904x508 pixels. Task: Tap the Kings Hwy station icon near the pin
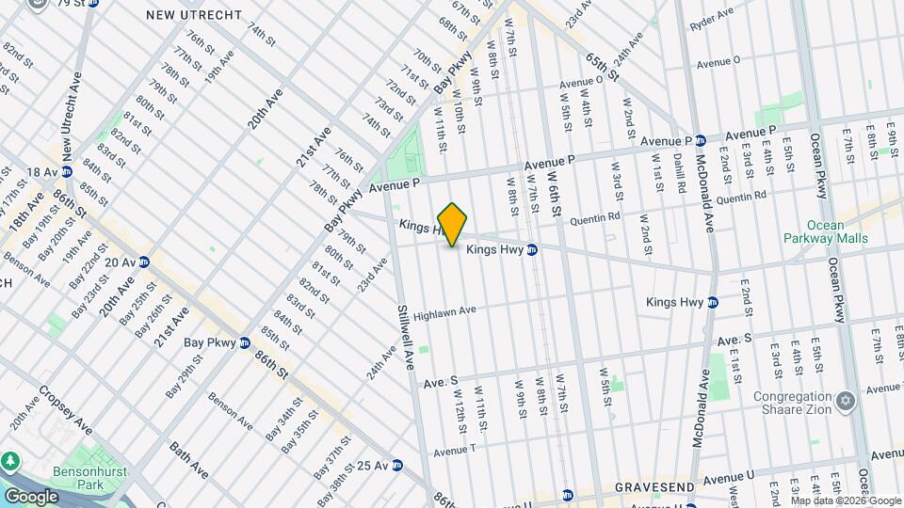pyautogui.click(x=532, y=250)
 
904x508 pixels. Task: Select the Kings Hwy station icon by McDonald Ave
pyautogui.click(x=713, y=302)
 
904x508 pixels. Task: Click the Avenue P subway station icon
pyautogui.click(x=700, y=140)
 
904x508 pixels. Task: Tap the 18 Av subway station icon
pyautogui.click(x=67, y=172)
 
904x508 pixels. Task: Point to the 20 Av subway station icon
pyautogui.click(x=145, y=262)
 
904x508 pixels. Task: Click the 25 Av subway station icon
pyautogui.click(x=397, y=465)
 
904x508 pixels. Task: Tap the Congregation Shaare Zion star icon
pyautogui.click(x=846, y=402)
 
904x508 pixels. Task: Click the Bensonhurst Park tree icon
pyautogui.click(x=11, y=461)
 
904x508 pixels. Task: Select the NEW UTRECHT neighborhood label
pyautogui.click(x=194, y=16)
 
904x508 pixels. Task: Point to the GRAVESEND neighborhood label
pyautogui.click(x=654, y=487)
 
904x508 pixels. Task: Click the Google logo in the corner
pyautogui.click(x=32, y=496)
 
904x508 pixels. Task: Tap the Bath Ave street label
pyautogui.click(x=187, y=460)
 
